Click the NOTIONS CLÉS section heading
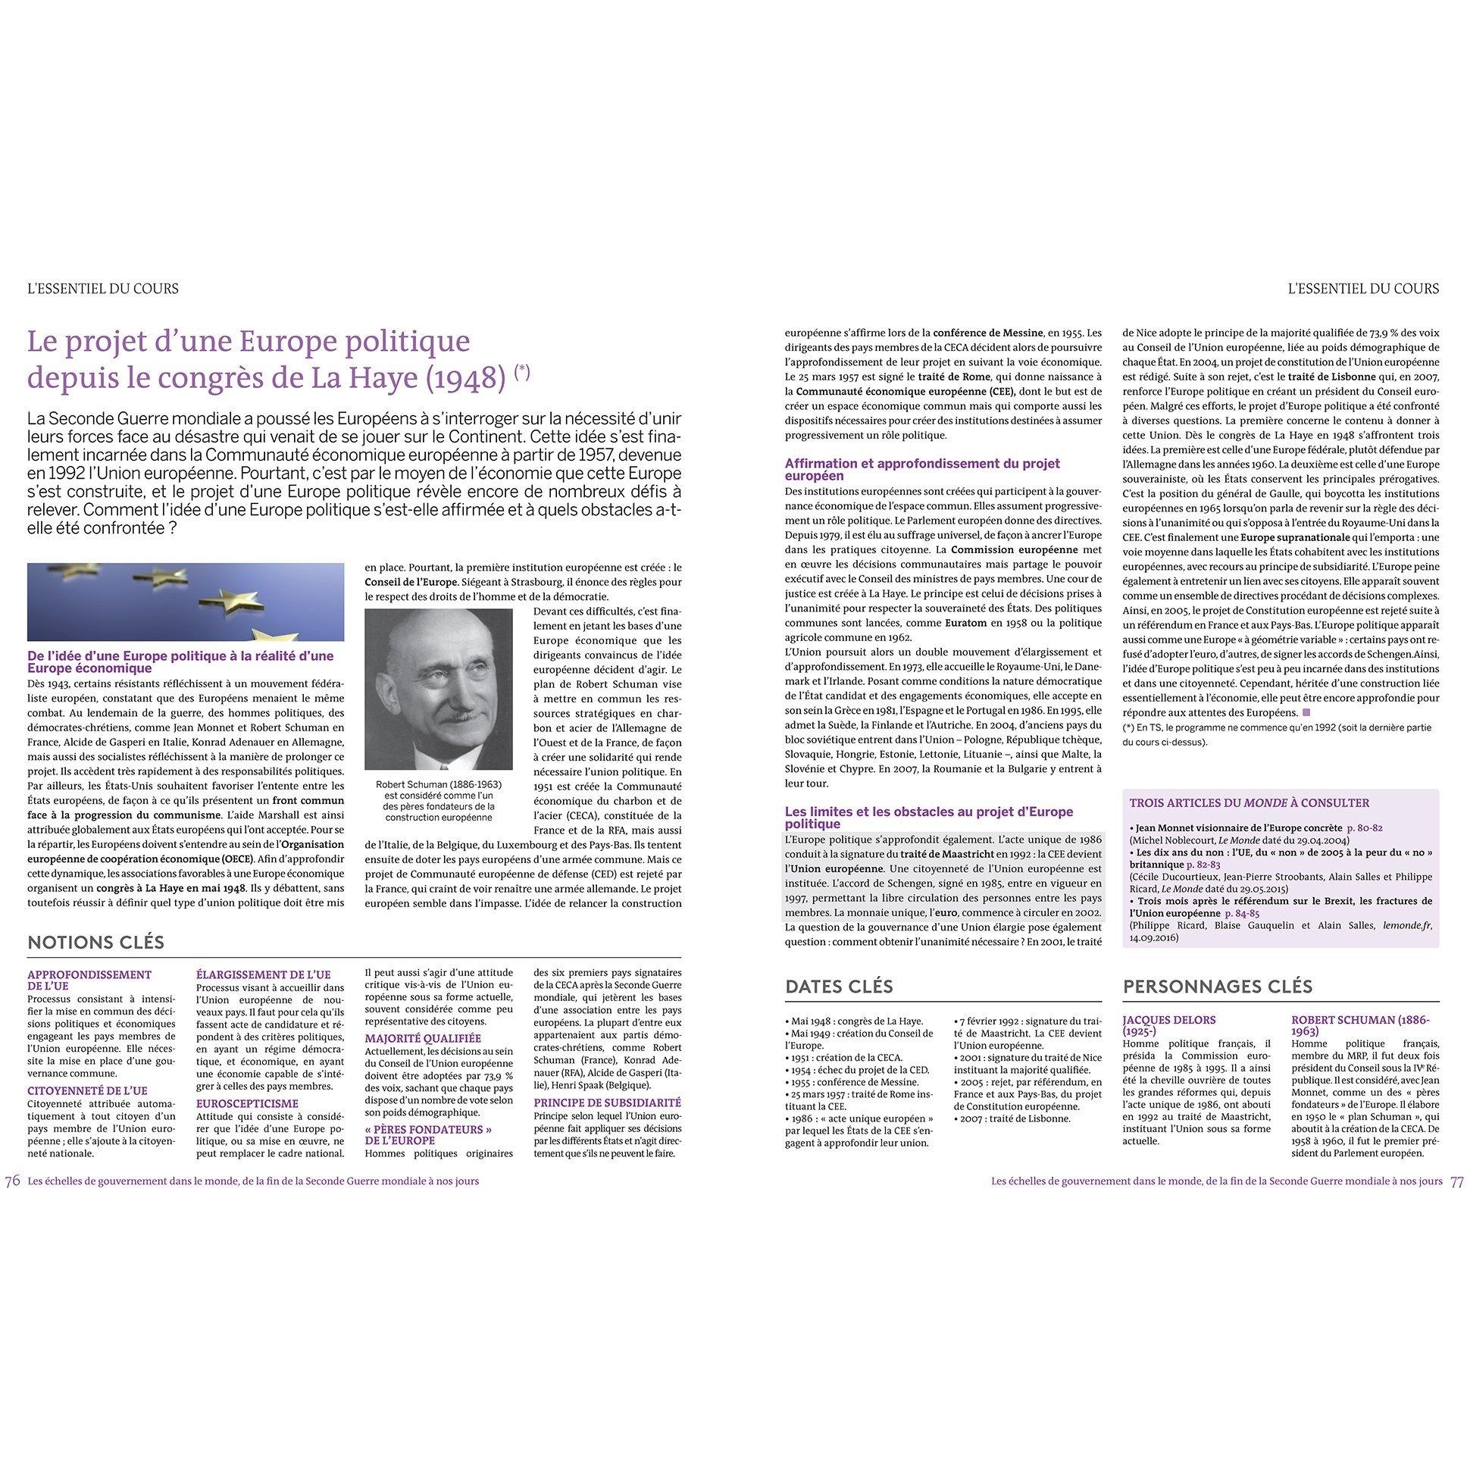click(95, 943)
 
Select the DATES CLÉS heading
click(839, 987)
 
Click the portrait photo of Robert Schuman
click(439, 690)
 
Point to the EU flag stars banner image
click(186, 602)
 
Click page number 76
click(12, 1181)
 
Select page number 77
click(1456, 1181)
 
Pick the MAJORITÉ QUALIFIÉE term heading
click(423, 1038)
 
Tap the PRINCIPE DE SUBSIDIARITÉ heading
click(608, 1102)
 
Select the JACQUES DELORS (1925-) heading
click(1168, 1025)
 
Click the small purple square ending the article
click(1307, 712)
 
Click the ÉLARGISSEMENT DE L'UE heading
click(264, 974)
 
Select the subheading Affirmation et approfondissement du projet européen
click(922, 469)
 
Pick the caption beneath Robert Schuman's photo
click(439, 801)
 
